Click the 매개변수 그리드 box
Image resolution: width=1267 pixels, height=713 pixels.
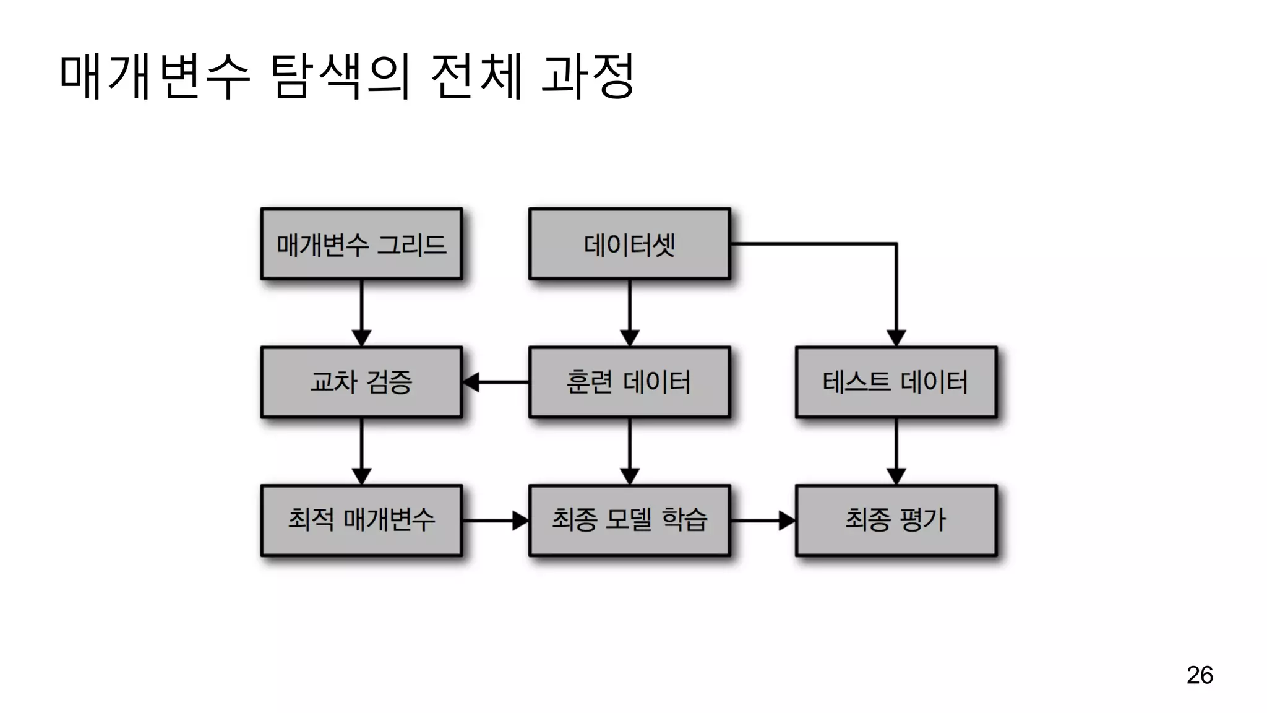pos(361,244)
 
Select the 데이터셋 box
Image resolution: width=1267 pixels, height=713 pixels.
pos(629,244)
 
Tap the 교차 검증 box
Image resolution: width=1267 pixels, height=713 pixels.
pos(361,382)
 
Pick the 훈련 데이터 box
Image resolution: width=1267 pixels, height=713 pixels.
pos(629,382)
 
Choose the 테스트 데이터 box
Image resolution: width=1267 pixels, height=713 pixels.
pos(896,382)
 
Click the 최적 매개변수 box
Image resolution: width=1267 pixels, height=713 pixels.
pos(361,520)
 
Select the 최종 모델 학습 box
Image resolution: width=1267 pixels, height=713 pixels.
pos(629,520)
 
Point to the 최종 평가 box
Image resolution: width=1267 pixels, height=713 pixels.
pos(896,520)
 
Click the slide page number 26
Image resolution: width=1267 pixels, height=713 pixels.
pos(1200,675)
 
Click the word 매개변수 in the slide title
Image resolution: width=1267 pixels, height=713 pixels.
pos(155,76)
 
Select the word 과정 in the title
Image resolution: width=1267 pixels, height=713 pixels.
pos(588,76)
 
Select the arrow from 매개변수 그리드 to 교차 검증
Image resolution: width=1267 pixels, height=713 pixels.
pos(361,313)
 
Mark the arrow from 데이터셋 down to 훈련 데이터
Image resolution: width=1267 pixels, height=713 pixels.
pos(629,313)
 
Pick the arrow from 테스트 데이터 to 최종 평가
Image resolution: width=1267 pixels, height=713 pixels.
pos(896,451)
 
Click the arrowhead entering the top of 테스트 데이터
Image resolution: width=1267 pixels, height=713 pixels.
pos(896,338)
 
